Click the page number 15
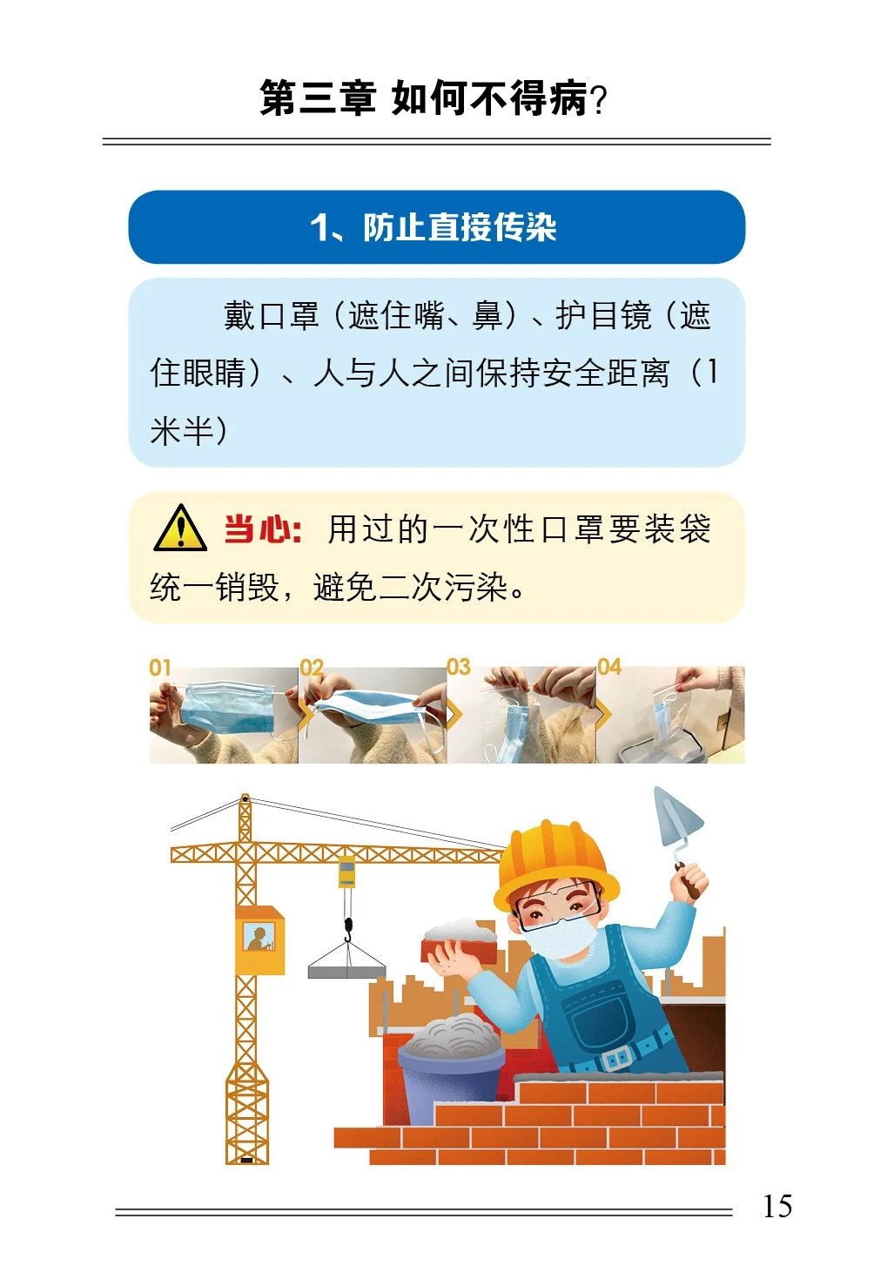point(777,1206)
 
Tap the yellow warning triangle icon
point(180,528)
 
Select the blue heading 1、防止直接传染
point(434,227)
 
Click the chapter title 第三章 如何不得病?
point(434,98)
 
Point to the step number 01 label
point(160,668)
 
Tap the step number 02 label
point(312,668)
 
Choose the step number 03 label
point(459,667)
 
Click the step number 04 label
point(609,667)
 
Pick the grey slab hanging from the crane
point(346,972)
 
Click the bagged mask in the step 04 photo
point(668,722)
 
